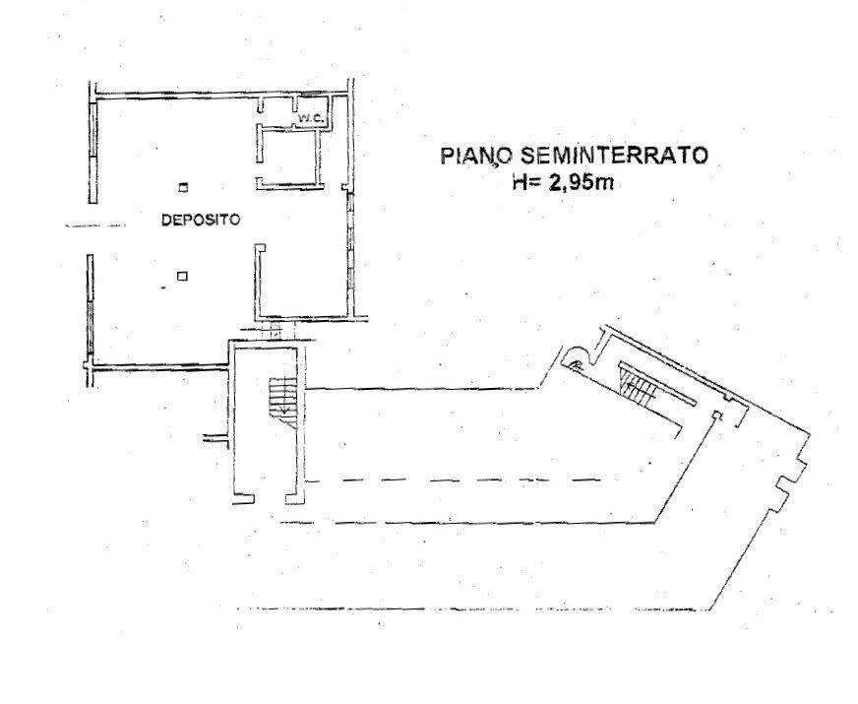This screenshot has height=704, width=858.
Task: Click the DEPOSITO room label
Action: tap(201, 222)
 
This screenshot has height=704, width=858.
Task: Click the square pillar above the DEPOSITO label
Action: tap(182, 186)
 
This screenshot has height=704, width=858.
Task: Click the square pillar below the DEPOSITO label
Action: tap(181, 277)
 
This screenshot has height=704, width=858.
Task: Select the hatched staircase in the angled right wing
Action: tap(640, 385)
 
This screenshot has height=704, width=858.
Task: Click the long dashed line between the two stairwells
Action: tap(462, 480)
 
